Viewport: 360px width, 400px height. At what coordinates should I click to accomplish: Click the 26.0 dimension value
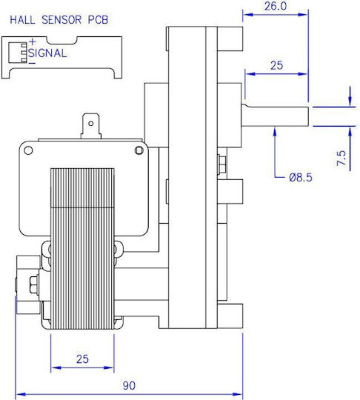[276, 6]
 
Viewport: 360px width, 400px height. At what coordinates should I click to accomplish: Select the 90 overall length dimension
[129, 385]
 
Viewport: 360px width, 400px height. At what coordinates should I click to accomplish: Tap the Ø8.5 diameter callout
[301, 177]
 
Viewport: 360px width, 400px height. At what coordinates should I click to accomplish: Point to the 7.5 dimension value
[341, 158]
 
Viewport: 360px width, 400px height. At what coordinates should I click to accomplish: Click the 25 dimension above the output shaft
[276, 66]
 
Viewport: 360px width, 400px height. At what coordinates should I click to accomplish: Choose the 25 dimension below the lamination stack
[82, 359]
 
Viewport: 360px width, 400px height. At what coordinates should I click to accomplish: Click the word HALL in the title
[22, 20]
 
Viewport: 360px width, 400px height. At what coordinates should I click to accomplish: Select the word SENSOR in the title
[61, 20]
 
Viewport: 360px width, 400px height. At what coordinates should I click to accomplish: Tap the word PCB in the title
[99, 20]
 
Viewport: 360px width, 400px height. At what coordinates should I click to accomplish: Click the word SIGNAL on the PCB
[47, 53]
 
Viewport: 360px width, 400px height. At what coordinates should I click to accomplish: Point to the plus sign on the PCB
[33, 41]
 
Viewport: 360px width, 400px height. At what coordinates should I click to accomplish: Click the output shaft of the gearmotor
[275, 116]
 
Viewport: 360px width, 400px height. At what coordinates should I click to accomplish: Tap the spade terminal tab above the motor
[90, 126]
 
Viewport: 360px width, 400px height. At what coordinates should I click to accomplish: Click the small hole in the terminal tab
[90, 124]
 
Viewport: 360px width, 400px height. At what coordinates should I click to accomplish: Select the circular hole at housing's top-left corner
[28, 150]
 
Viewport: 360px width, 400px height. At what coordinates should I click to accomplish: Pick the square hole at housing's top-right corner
[139, 150]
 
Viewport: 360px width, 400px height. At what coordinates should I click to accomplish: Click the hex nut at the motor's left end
[33, 284]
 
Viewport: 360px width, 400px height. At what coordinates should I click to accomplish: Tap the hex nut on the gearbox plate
[222, 164]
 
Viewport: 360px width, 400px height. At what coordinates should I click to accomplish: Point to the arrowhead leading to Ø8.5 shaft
[275, 131]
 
